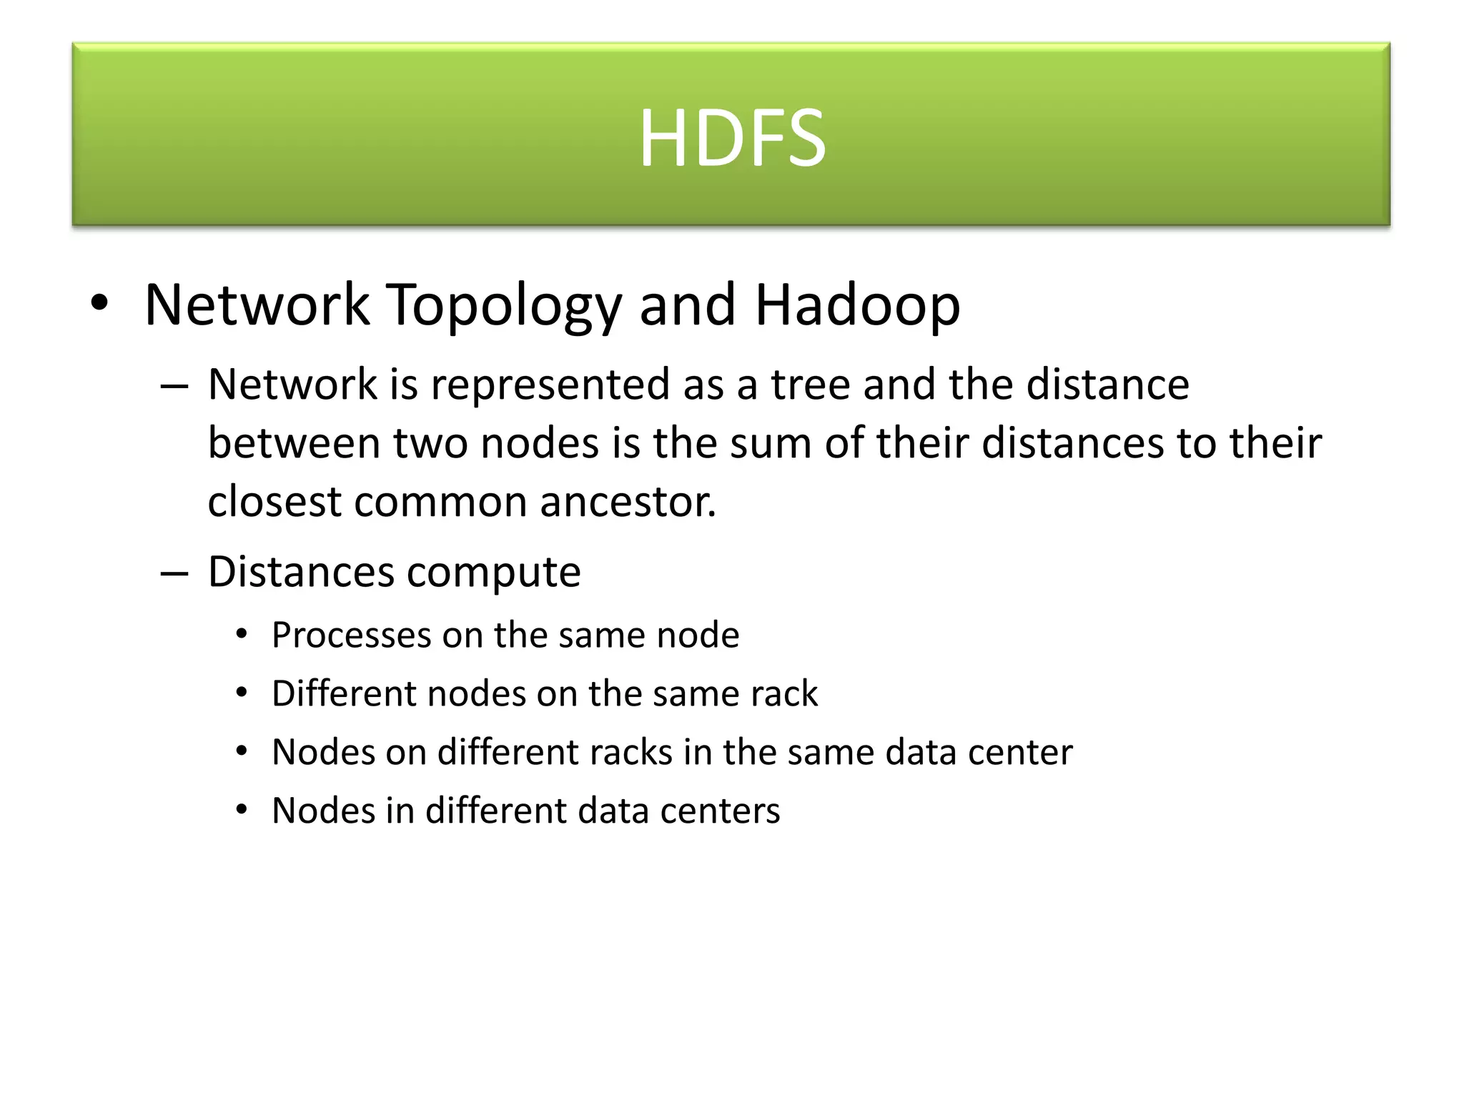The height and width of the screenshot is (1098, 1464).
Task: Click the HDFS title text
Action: coord(731,137)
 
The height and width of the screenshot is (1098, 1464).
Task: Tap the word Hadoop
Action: coord(857,306)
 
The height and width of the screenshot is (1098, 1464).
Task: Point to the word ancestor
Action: coord(628,502)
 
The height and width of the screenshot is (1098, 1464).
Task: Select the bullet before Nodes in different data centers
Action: coord(242,810)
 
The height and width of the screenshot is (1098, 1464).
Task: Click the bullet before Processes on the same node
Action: coord(242,634)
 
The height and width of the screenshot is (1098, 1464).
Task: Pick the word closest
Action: coord(274,502)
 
